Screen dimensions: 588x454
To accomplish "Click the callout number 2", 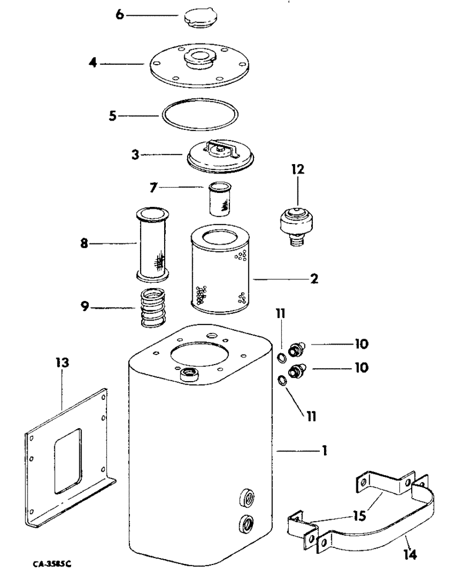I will tap(315, 279).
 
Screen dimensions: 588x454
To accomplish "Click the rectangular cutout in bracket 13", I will tap(68, 459).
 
